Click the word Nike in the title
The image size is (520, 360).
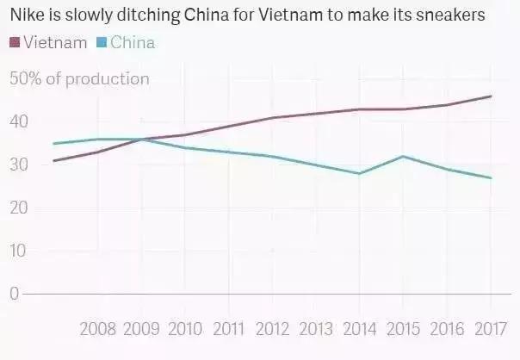coord(25,16)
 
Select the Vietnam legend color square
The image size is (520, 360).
coord(15,42)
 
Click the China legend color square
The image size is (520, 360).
coord(102,42)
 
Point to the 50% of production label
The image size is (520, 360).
coord(79,79)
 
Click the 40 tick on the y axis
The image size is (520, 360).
coord(18,122)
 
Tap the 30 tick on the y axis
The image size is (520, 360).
coord(18,164)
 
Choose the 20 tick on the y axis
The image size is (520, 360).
coord(18,208)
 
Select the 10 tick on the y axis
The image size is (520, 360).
coord(18,251)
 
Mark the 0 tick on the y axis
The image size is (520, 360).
coord(14,294)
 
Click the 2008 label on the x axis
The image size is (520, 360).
coord(98,328)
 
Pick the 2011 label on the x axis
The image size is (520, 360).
coord(228,328)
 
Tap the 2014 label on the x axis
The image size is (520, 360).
coord(359,328)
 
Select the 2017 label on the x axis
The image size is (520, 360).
coord(490,328)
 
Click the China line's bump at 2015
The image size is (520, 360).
coord(402,157)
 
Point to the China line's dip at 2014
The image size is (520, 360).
coord(359,173)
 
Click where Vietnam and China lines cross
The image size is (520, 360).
coord(141,139)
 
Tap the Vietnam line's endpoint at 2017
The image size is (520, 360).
coord(490,96)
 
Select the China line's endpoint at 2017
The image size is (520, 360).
coord(490,178)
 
